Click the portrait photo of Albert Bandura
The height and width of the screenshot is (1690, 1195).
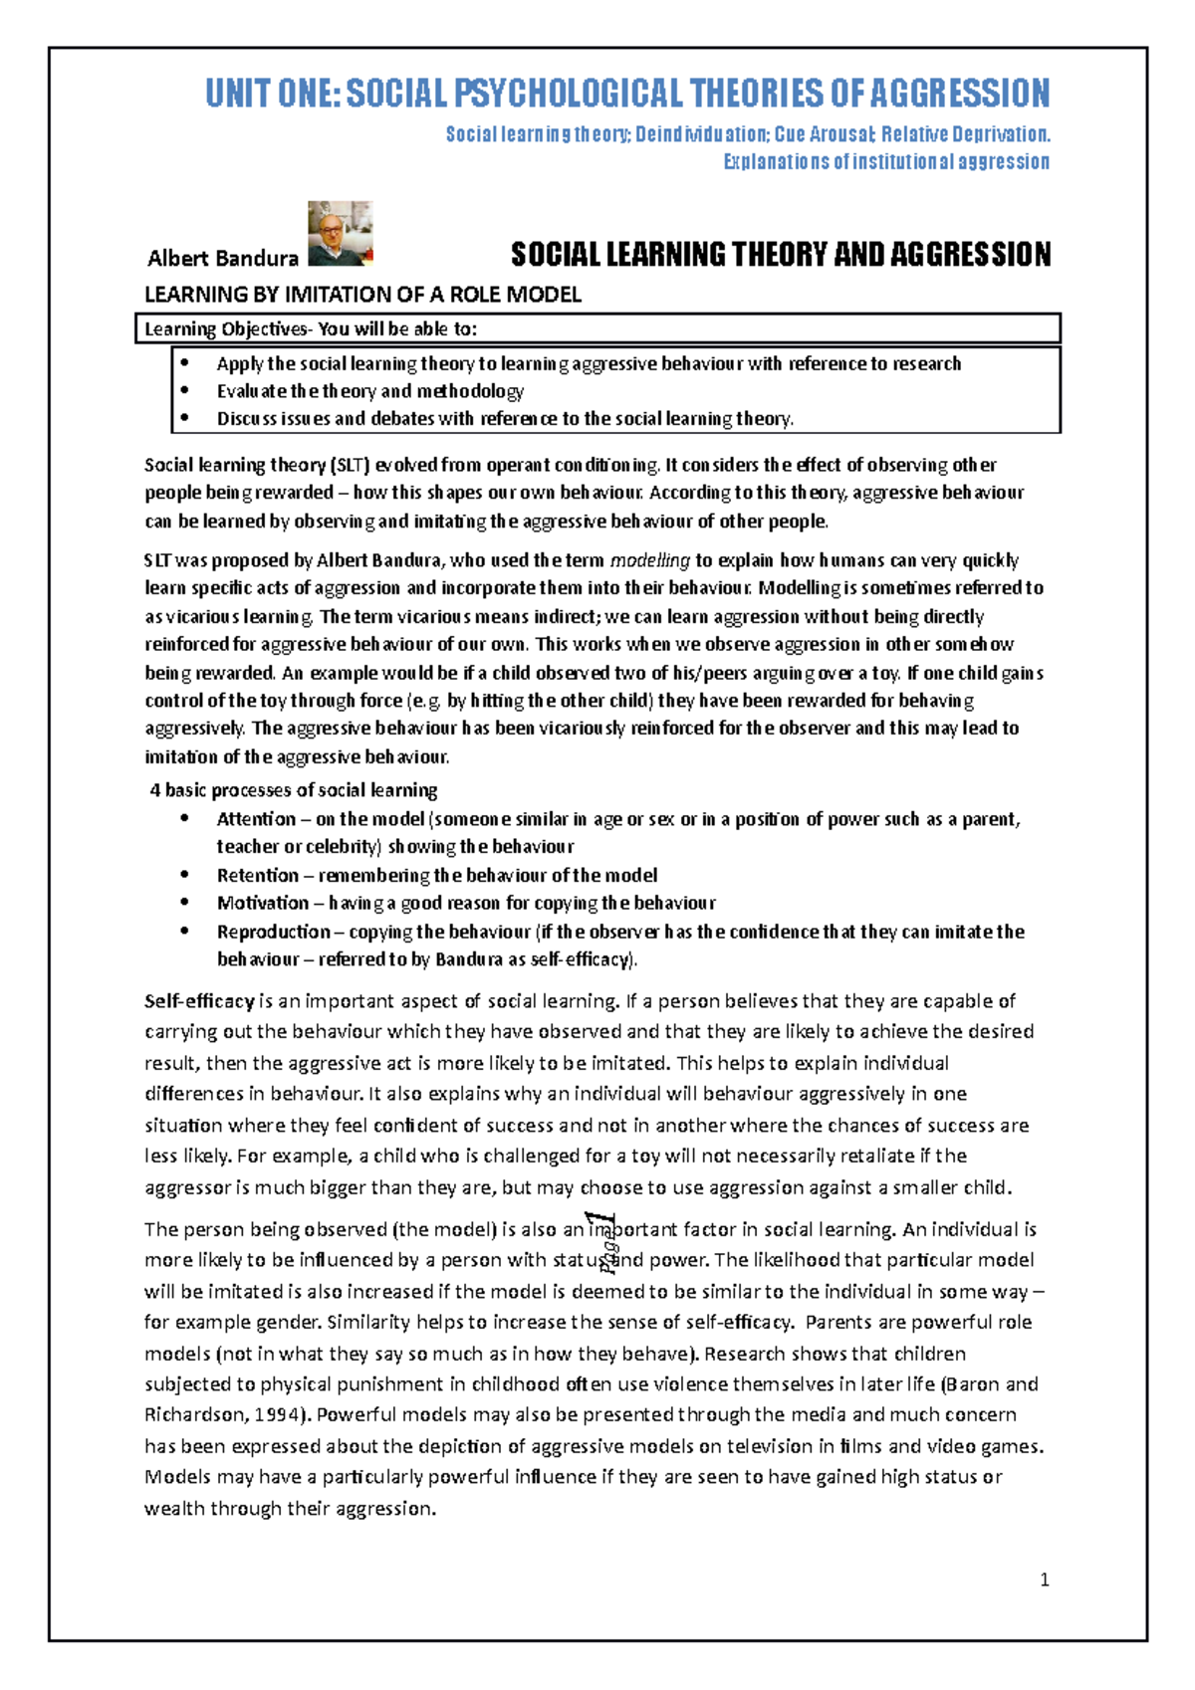(341, 234)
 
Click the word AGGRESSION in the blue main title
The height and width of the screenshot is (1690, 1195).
(959, 94)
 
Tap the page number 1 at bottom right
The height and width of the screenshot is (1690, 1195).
(1044, 1580)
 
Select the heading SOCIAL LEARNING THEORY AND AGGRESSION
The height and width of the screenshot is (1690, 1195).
(780, 256)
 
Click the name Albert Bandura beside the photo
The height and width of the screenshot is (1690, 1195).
(222, 259)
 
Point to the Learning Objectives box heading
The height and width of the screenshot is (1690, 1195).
(311, 329)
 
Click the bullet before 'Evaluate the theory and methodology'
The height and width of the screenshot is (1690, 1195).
(184, 391)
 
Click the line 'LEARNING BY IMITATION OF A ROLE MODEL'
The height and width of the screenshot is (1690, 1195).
(362, 295)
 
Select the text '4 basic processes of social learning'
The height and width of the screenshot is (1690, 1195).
(293, 790)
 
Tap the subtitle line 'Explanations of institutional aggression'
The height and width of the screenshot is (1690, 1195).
(885, 162)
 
